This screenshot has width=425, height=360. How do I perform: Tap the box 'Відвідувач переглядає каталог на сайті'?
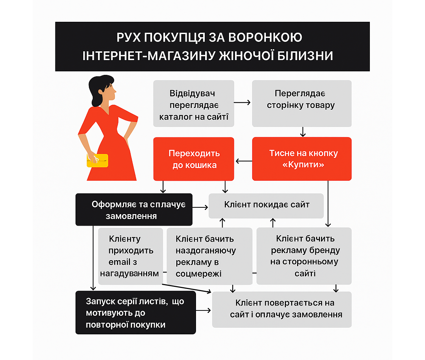coord(194,104)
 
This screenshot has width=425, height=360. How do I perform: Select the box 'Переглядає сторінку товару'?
coord(301,103)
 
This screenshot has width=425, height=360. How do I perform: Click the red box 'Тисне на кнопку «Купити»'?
coord(302,159)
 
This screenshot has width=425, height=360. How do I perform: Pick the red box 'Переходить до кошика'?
coord(194,159)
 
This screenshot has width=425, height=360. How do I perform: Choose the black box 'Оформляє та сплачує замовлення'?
coord(134,210)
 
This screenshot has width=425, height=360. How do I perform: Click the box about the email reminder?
coord(130,256)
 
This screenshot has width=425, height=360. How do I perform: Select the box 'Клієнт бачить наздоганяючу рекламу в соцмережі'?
coord(209,256)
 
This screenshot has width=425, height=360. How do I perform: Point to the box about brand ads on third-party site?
coord(304,256)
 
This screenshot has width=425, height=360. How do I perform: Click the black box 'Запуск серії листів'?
coord(135,313)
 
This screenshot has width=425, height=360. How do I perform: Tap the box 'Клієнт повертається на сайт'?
coord(282,309)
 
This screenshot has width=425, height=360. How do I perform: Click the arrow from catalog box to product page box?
coord(242,103)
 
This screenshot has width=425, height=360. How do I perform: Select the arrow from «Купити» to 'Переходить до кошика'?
coord(243,161)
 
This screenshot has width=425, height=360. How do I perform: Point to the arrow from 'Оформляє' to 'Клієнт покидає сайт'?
coord(200,207)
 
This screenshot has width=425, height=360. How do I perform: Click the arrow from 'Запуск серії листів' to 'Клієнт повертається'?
coord(203,310)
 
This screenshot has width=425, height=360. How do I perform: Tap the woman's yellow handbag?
coord(98,160)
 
